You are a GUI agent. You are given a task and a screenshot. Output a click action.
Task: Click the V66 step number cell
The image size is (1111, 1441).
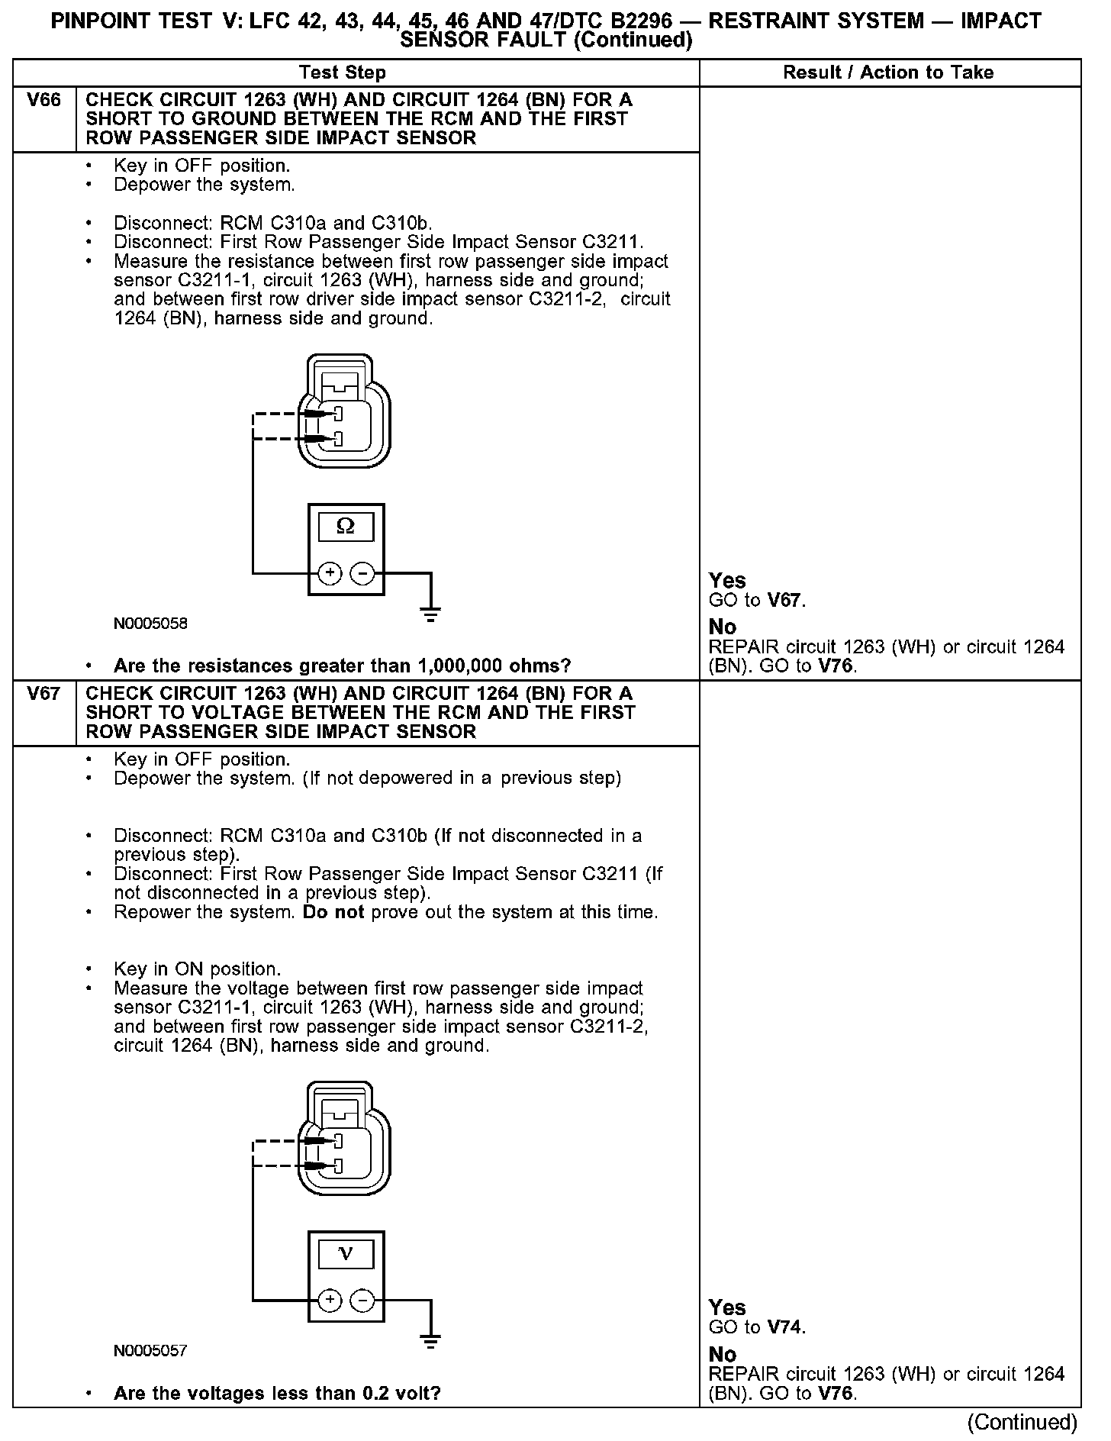[43, 100]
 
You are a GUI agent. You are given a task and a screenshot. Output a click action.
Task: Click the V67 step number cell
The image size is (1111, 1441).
[43, 694]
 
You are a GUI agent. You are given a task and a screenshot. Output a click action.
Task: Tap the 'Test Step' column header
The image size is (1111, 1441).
[343, 73]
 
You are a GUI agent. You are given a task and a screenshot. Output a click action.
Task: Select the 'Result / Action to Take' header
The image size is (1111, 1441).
[888, 73]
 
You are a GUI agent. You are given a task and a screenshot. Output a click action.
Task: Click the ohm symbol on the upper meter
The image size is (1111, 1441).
[346, 527]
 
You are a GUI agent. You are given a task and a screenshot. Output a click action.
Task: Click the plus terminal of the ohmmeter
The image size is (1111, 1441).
[330, 572]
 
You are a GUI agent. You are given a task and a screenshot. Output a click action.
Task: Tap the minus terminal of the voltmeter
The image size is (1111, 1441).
[362, 1300]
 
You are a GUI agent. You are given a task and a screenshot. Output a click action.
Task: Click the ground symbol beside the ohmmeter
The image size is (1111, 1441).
[430, 612]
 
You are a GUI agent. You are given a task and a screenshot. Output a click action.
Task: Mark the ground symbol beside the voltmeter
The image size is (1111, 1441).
[430, 1339]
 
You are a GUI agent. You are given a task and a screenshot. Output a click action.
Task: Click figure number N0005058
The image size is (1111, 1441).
[150, 624]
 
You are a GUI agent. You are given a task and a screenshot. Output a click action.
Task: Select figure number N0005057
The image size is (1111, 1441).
[150, 1351]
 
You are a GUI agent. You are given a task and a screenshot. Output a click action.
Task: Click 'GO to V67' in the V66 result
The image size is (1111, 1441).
[757, 601]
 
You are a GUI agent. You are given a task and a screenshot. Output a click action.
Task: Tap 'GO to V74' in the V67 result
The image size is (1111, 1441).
[757, 1328]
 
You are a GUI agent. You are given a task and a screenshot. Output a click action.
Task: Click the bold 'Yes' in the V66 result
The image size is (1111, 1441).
[727, 581]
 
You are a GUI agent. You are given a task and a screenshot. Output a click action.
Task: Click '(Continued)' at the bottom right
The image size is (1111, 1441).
[1022, 1422]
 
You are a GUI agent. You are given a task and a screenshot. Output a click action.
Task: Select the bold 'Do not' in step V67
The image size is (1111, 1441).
[333, 912]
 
